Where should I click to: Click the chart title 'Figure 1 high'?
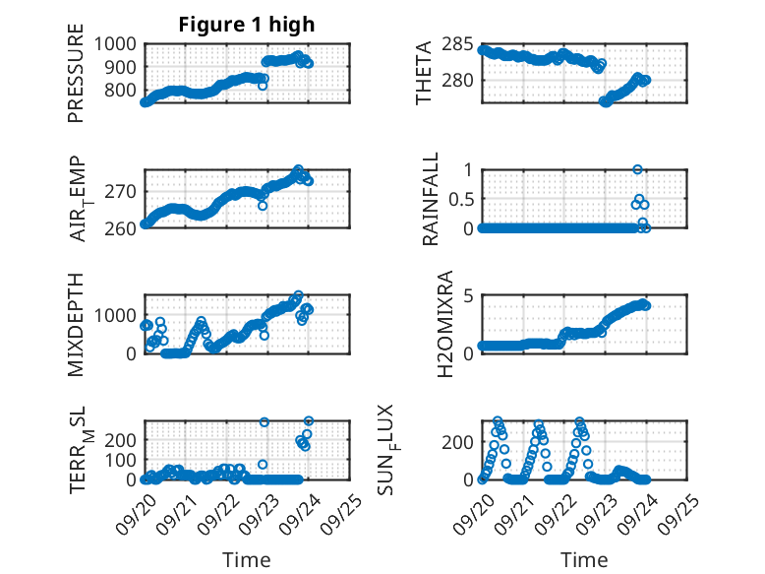tap(246, 25)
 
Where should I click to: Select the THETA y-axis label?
tap(425, 73)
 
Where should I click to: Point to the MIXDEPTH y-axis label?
tap(76, 323)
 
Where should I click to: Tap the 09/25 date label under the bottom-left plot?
tap(341, 512)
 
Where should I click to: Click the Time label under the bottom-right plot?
tap(584, 560)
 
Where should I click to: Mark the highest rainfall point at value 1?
tap(637, 169)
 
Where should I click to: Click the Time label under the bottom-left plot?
tap(247, 560)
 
